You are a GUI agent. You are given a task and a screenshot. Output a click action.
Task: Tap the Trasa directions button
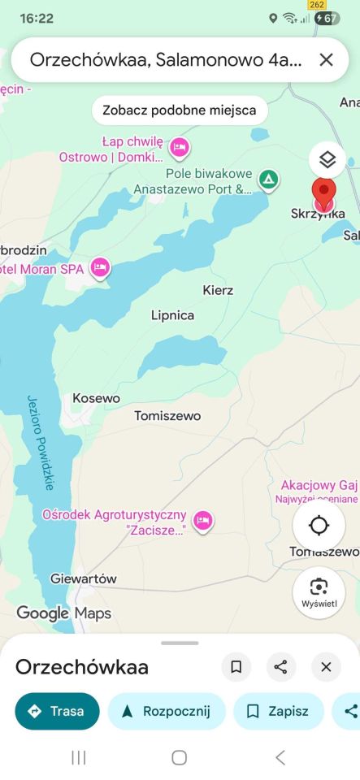point(57,711)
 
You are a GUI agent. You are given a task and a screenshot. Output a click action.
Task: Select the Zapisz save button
point(278,711)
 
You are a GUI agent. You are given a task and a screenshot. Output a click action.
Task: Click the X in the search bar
point(326,59)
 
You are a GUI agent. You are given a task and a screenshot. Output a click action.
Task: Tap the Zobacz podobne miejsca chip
point(180,110)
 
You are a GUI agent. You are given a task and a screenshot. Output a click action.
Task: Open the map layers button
point(327,159)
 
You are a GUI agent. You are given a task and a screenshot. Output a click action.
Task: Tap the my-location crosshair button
point(319,526)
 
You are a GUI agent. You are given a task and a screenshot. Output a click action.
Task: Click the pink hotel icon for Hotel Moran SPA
point(100,267)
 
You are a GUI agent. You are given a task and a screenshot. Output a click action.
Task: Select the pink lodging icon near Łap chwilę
point(180,147)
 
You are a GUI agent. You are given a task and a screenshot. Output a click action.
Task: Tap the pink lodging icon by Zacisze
point(202,519)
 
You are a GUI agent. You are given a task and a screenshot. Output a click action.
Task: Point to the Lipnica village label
point(172,315)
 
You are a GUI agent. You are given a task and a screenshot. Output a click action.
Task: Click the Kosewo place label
point(96,398)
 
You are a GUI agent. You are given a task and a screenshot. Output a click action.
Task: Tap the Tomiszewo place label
point(167,416)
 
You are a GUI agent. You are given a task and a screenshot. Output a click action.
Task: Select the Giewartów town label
point(83,578)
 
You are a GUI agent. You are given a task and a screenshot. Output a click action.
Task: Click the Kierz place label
point(218,290)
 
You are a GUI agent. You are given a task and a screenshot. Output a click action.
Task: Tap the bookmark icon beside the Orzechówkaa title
point(236,667)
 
